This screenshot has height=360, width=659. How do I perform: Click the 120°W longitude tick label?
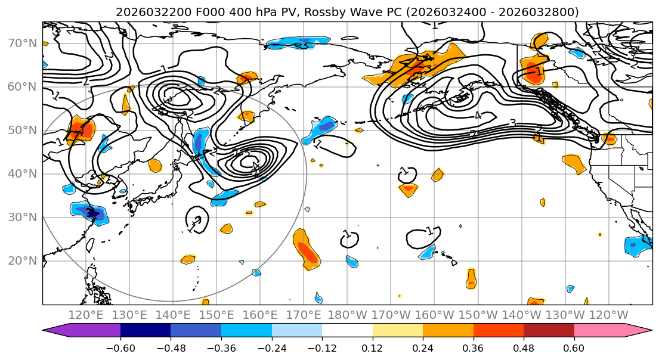(610, 315)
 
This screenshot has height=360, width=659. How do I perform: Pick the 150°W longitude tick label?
(478, 315)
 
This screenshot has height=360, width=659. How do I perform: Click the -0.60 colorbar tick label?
(120, 347)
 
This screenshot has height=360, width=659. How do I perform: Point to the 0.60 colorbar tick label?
(574, 347)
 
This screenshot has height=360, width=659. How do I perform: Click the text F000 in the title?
(194, 12)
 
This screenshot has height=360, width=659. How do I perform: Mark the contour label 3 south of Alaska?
(512, 123)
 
